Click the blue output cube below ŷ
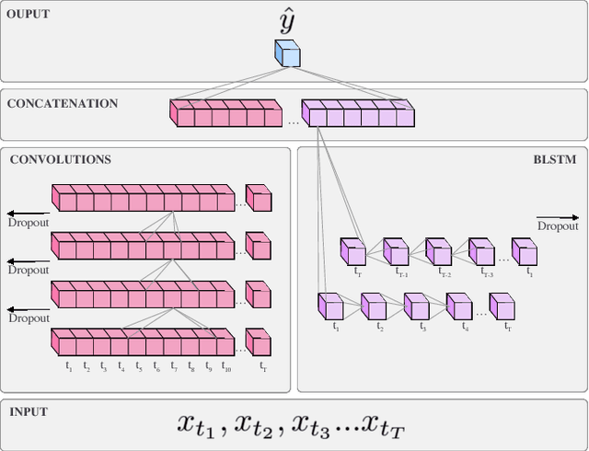click(287, 54)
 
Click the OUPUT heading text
click(29, 16)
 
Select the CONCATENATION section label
click(63, 103)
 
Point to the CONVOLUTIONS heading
click(61, 159)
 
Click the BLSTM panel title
click(555, 159)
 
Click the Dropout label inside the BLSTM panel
click(558, 225)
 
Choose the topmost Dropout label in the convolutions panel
click(29, 223)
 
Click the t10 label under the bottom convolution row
click(226, 367)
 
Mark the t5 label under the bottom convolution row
click(139, 367)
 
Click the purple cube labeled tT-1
click(396, 251)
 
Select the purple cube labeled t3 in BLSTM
click(416, 306)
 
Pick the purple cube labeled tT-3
click(480, 251)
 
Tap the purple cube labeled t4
click(458, 306)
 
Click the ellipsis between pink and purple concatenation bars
click(293, 121)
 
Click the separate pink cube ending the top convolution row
click(259, 199)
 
